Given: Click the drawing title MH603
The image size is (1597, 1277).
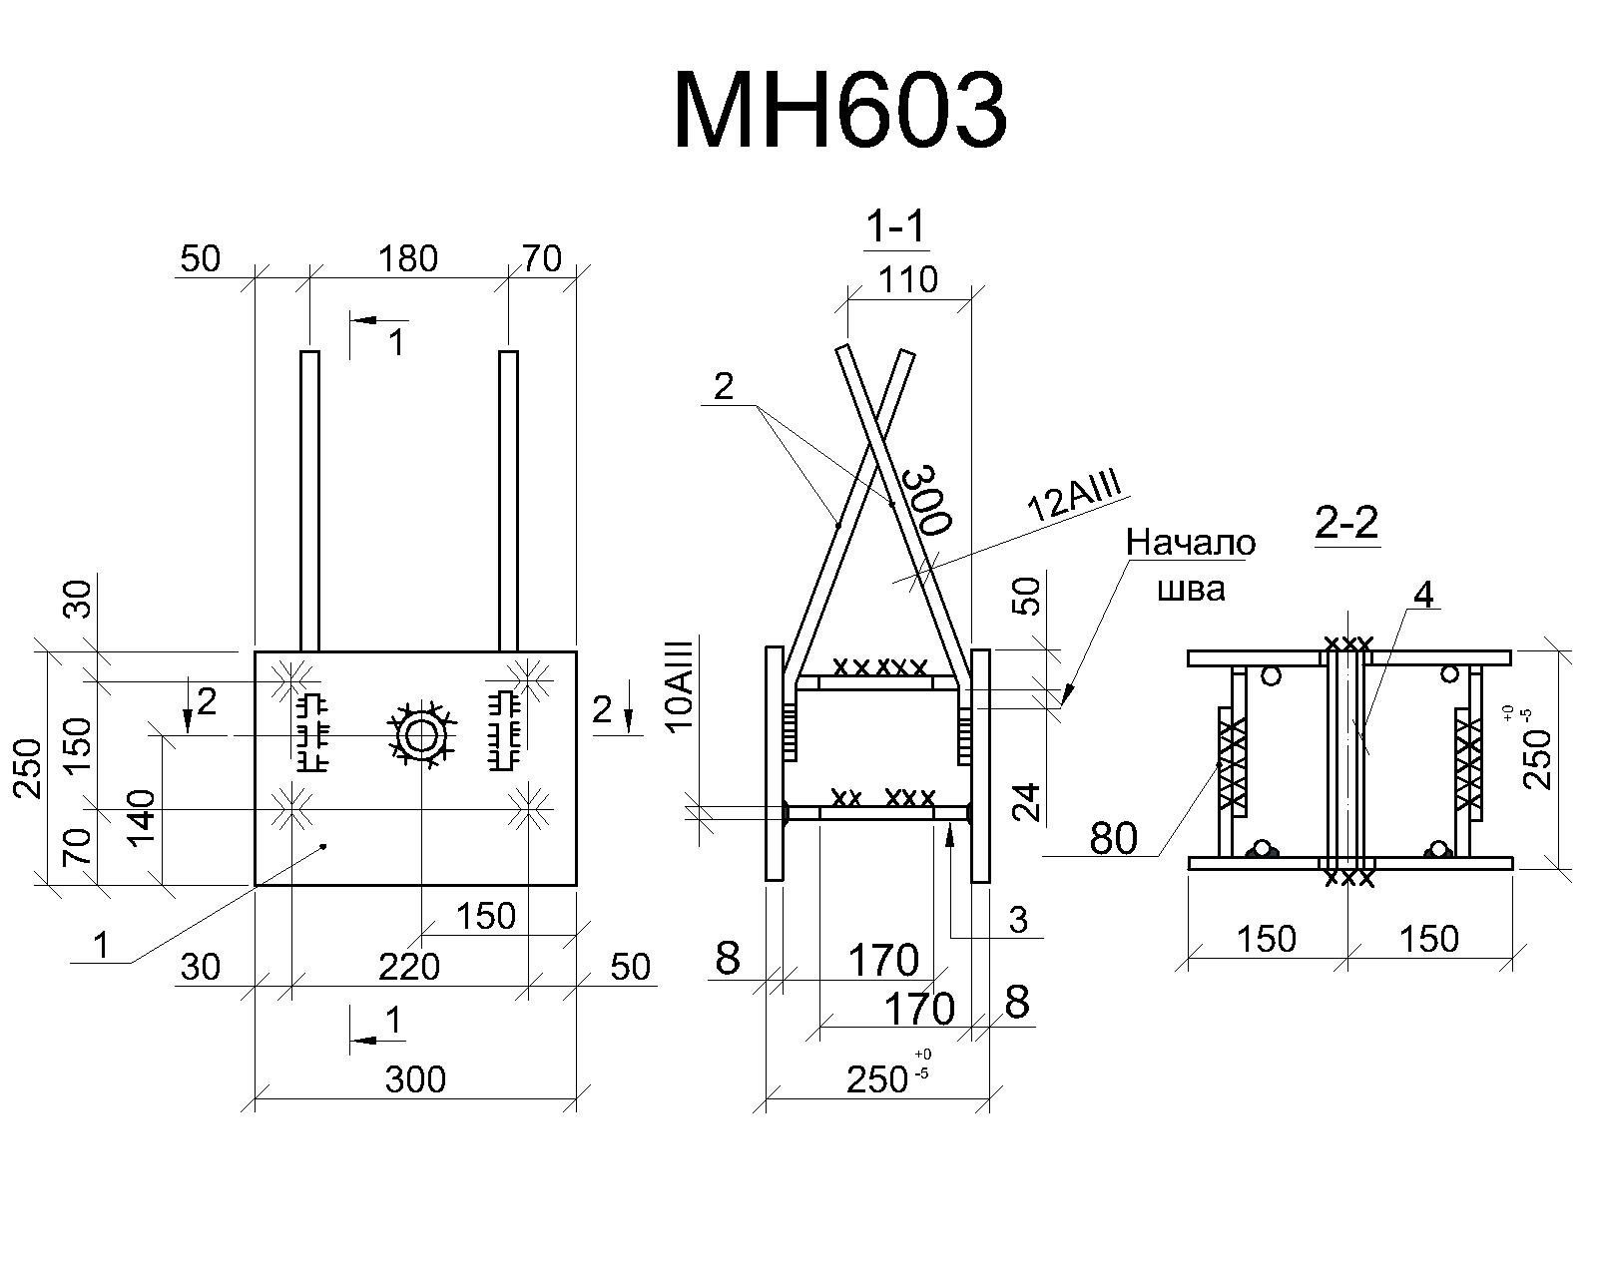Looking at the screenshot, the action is pos(840,112).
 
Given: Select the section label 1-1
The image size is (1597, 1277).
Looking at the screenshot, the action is pos(896,224).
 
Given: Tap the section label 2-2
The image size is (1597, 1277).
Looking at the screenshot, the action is pos(1346,522).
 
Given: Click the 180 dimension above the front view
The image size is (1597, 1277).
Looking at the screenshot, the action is pos(408,259).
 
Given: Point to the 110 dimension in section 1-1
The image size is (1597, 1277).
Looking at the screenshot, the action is pos(908,279).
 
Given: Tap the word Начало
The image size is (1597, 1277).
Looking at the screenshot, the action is pos(1191,543).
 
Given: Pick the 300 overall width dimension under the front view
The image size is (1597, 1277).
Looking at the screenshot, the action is pos(415,1079).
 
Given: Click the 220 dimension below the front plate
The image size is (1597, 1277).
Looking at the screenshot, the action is pos(409,968).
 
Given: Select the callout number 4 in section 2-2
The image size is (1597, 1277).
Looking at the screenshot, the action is pos(1423,595).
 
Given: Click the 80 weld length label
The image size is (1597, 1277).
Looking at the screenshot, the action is pos(1113,838).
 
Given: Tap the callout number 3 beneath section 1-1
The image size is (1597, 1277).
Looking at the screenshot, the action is pos(1018,920).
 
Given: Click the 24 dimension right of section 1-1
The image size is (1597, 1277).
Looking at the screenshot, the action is pos(1027,802).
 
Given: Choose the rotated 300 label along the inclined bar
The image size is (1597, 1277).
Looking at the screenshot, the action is pos(926,499).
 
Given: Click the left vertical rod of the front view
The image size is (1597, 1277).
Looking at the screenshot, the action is pos(310,501).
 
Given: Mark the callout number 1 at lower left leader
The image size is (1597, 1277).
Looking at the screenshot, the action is pos(101,946).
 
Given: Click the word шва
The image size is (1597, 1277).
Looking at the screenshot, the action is pos(1191,590).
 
